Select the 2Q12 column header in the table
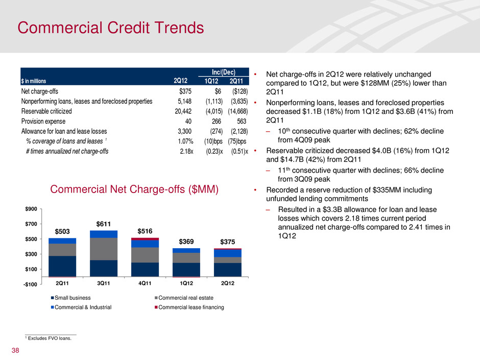180,81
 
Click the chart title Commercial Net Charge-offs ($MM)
134,189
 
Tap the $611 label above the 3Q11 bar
104,223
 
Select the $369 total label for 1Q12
187,241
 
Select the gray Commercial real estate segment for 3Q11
104,249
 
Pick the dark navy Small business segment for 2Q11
62,266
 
